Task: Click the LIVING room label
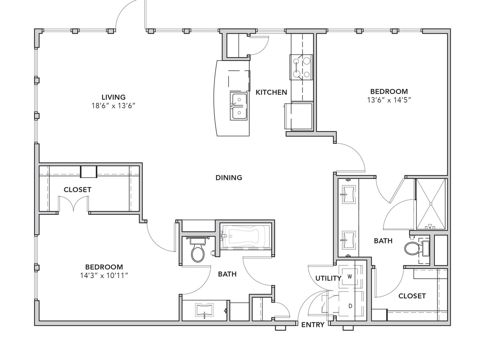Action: pos(114,97)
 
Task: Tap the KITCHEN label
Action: pos(271,92)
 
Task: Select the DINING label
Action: pos(229,177)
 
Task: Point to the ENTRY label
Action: pos(313,325)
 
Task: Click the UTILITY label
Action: pos(328,278)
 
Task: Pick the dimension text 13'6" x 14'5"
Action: pos(389,100)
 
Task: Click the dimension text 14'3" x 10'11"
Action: pos(104,276)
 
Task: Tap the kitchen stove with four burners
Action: pos(301,67)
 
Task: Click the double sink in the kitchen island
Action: pos(239,106)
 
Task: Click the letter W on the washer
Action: pos(350,277)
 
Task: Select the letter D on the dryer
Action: pos(350,306)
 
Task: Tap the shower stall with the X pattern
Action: pos(431,204)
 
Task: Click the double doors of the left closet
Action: pos(73,204)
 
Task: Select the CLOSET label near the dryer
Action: pos(412,296)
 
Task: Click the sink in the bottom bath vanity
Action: pos(204,310)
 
